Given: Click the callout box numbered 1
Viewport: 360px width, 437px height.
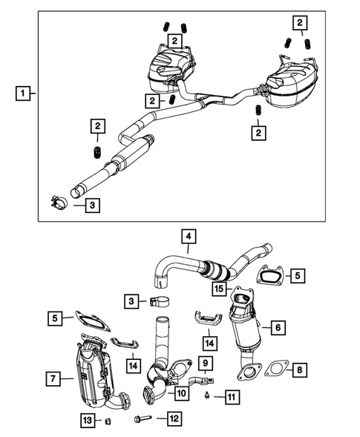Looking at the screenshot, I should click(24, 94).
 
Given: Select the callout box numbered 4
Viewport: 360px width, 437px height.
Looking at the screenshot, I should click(190, 237).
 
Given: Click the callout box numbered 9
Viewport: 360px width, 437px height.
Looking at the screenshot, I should click(206, 364).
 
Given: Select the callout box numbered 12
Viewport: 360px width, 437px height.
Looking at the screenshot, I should click(174, 419).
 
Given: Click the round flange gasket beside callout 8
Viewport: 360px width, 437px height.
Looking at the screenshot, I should click(275, 368).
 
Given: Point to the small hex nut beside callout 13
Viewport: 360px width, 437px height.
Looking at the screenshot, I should click(107, 421).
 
